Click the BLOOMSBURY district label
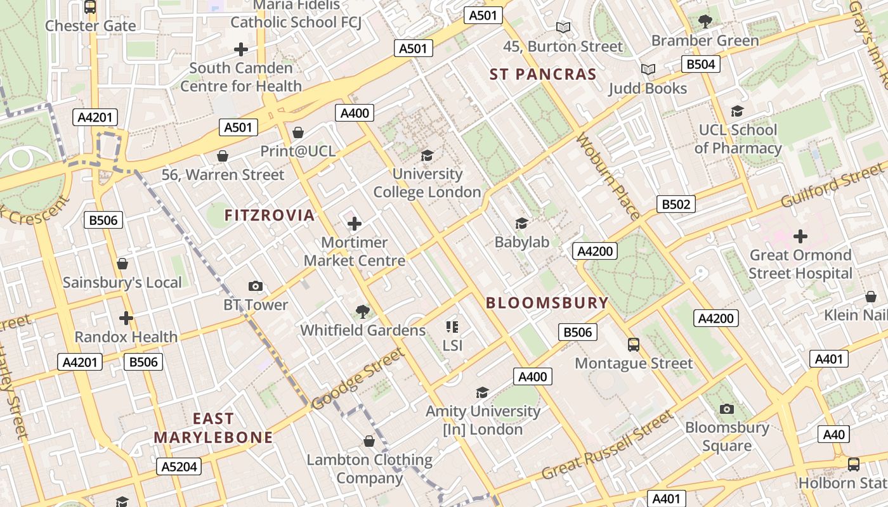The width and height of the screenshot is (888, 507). (x=547, y=303)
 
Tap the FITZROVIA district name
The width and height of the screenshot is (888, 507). (x=270, y=215)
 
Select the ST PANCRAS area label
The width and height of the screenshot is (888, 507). (x=543, y=75)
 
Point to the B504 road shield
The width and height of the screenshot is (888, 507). (x=701, y=64)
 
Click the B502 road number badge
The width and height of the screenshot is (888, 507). (x=676, y=204)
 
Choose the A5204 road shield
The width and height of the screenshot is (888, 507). (x=180, y=467)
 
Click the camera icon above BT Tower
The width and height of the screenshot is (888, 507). (x=256, y=286)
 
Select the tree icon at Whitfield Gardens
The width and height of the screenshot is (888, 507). (x=363, y=311)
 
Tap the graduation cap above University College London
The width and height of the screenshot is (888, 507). (x=428, y=155)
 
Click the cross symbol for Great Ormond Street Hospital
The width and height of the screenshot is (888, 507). (x=800, y=236)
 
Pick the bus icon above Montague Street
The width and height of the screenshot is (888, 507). (x=634, y=345)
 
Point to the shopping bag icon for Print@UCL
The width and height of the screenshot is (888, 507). (x=298, y=132)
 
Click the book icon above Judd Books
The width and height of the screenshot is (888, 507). (x=648, y=70)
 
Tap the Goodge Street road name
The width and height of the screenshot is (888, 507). (x=358, y=378)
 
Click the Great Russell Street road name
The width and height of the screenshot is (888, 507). (x=607, y=446)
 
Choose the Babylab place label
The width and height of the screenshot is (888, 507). (x=522, y=241)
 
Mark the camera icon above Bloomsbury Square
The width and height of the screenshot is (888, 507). (x=727, y=409)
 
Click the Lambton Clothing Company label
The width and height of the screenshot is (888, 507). (x=370, y=468)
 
